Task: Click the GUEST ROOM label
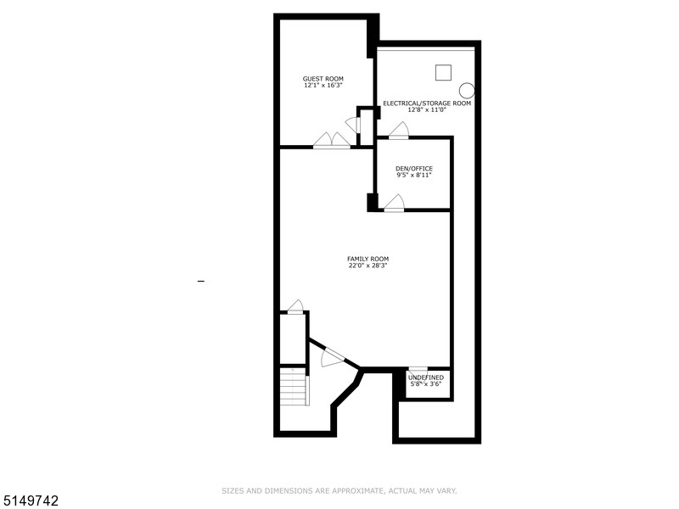pyautogui.click(x=323, y=79)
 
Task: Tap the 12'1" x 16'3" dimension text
pyautogui.click(x=323, y=86)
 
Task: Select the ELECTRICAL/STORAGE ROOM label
pyautogui.click(x=427, y=103)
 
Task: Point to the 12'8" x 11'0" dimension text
pyautogui.click(x=427, y=110)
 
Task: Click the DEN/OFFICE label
pyautogui.click(x=414, y=169)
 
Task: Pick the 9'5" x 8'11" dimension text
pyautogui.click(x=414, y=176)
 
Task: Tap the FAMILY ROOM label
pyautogui.click(x=368, y=259)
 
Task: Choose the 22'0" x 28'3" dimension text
pyautogui.click(x=368, y=266)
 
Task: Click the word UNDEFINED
pyautogui.click(x=425, y=377)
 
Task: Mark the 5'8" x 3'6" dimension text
pyautogui.click(x=425, y=383)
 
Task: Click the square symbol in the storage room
pyautogui.click(x=442, y=73)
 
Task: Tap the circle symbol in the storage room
pyautogui.click(x=466, y=90)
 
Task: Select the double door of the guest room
pyautogui.click(x=331, y=141)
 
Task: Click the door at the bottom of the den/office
pyautogui.click(x=394, y=203)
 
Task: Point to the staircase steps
pyautogui.click(x=293, y=389)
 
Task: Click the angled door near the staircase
pyautogui.click(x=332, y=357)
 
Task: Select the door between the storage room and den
pyautogui.click(x=398, y=131)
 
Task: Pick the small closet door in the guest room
pyautogui.click(x=352, y=125)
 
